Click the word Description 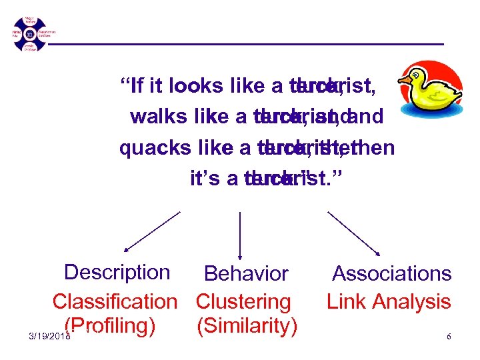coord(117,272)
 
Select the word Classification coord(115,301)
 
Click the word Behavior coord(246,273)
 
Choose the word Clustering coord(243,301)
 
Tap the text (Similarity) coord(247,326)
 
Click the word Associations coord(392,273)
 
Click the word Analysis coord(411,301)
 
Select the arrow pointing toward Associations coord(354,233)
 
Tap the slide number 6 coord(449,337)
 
